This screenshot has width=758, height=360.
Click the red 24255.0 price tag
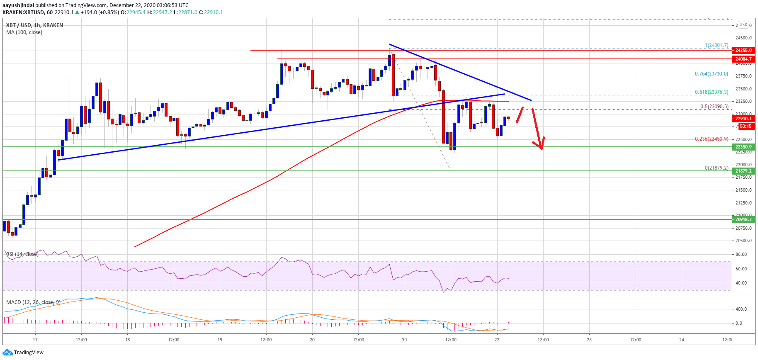[743, 50]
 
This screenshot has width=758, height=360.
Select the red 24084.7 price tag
[743, 59]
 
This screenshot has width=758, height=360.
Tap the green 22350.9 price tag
[743, 147]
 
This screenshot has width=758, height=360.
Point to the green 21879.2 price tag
[743, 171]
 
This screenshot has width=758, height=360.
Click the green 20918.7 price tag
[743, 219]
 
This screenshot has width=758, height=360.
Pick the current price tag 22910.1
[743, 119]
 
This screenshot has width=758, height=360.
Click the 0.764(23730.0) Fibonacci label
[711, 74]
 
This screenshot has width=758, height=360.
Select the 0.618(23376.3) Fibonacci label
[711, 92]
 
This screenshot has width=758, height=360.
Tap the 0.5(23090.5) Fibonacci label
[714, 107]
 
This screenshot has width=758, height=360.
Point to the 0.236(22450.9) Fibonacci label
[711, 139]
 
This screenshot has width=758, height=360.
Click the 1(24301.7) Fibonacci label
[716, 46]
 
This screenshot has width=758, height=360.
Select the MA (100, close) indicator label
[24, 32]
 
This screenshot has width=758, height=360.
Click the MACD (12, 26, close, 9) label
[33, 302]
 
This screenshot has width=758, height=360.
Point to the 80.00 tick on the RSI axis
[741, 254]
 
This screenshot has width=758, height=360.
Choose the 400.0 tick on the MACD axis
[741, 309]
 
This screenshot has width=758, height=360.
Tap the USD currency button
[743, 25]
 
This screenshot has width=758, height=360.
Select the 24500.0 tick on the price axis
[743, 38]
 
